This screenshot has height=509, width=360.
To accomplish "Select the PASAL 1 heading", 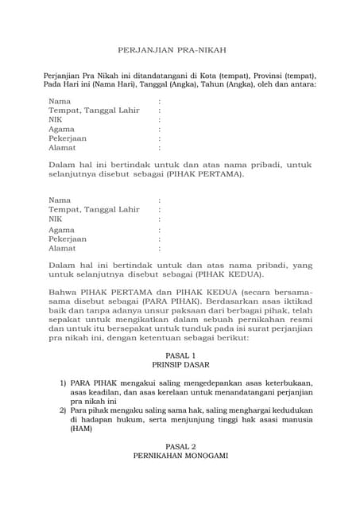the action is (x=180, y=356).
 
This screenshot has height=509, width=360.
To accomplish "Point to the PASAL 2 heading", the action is (x=180, y=447).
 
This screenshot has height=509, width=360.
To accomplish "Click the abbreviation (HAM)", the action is (x=81, y=429).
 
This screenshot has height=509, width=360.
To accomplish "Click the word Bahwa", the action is (x=64, y=292).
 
